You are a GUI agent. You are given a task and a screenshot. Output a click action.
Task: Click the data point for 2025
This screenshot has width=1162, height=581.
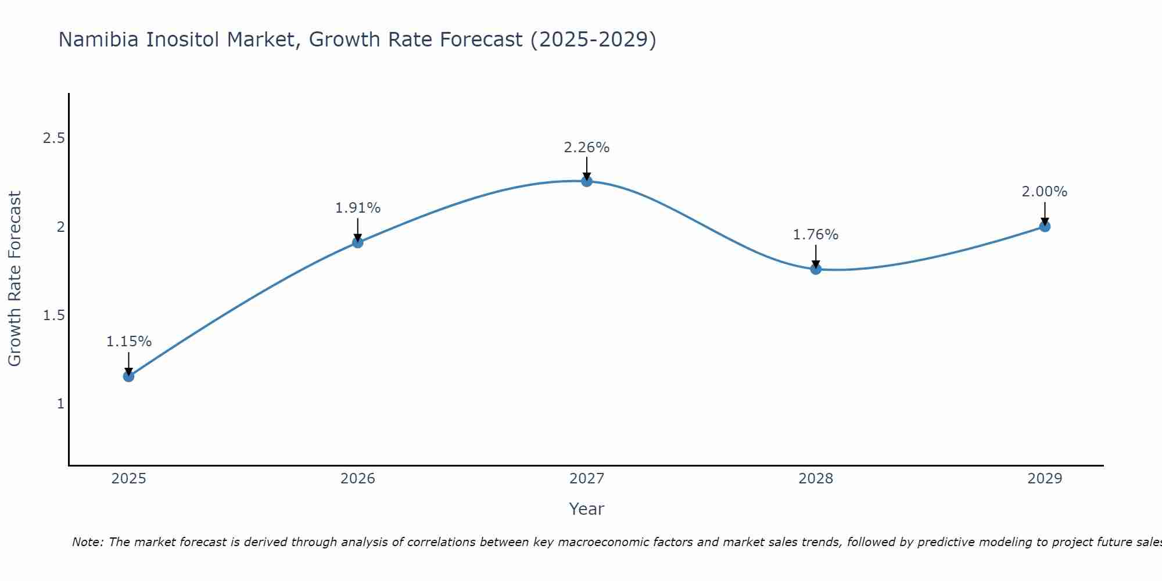(x=128, y=376)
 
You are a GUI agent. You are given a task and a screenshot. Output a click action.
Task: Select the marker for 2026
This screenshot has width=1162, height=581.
(x=358, y=242)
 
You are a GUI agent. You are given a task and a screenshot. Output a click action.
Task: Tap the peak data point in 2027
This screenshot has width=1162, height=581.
(x=587, y=181)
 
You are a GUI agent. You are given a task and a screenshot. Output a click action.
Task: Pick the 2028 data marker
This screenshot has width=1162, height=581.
(x=816, y=269)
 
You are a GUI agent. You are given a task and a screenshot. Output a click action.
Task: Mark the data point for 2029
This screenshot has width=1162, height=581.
(x=1045, y=227)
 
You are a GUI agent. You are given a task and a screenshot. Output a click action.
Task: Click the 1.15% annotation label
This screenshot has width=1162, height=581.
(x=128, y=342)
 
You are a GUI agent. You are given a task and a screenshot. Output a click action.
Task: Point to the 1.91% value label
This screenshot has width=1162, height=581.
(x=358, y=208)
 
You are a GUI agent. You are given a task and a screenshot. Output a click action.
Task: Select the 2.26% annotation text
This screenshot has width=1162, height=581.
(x=587, y=148)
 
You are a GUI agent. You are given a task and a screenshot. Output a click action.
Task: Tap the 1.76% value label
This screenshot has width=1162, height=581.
(x=816, y=235)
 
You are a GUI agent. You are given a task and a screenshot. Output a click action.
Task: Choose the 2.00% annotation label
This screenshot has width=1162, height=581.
(x=1045, y=192)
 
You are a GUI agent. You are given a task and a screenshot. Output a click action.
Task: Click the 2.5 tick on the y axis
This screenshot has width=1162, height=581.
(x=54, y=138)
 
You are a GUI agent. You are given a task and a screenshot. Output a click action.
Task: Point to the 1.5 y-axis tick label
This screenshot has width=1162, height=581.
(x=54, y=315)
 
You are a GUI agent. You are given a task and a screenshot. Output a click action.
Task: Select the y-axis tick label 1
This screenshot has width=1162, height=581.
(x=60, y=404)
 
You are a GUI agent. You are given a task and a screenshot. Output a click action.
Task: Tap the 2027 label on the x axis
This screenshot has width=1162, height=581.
(x=587, y=479)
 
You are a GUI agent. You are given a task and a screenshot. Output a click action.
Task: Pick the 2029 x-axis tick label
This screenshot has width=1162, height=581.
(x=1045, y=479)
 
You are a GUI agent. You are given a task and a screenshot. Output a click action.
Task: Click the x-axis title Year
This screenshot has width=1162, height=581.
(x=587, y=509)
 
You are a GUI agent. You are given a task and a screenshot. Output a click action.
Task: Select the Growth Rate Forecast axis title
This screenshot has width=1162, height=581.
(x=15, y=279)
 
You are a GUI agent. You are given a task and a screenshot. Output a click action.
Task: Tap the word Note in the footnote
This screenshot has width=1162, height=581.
(x=87, y=542)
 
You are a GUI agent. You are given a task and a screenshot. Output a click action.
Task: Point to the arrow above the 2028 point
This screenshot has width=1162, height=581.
(x=816, y=256)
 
